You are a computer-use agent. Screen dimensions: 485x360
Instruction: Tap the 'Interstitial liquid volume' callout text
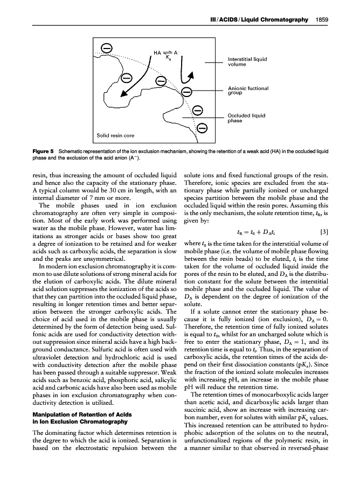(x=248, y=61)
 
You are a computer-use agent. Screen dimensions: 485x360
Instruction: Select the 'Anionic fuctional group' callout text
(x=248, y=90)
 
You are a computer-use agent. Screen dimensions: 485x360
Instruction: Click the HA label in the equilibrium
(x=157, y=52)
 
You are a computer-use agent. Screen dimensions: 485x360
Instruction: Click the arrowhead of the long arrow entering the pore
(x=124, y=95)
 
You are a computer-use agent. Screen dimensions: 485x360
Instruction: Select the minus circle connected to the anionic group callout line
(x=186, y=92)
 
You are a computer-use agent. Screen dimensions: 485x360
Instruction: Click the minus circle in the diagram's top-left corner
(x=107, y=48)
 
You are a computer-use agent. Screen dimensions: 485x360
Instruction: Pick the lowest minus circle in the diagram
(x=203, y=128)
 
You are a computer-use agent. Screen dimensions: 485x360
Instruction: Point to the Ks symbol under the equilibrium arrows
(x=168, y=58)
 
